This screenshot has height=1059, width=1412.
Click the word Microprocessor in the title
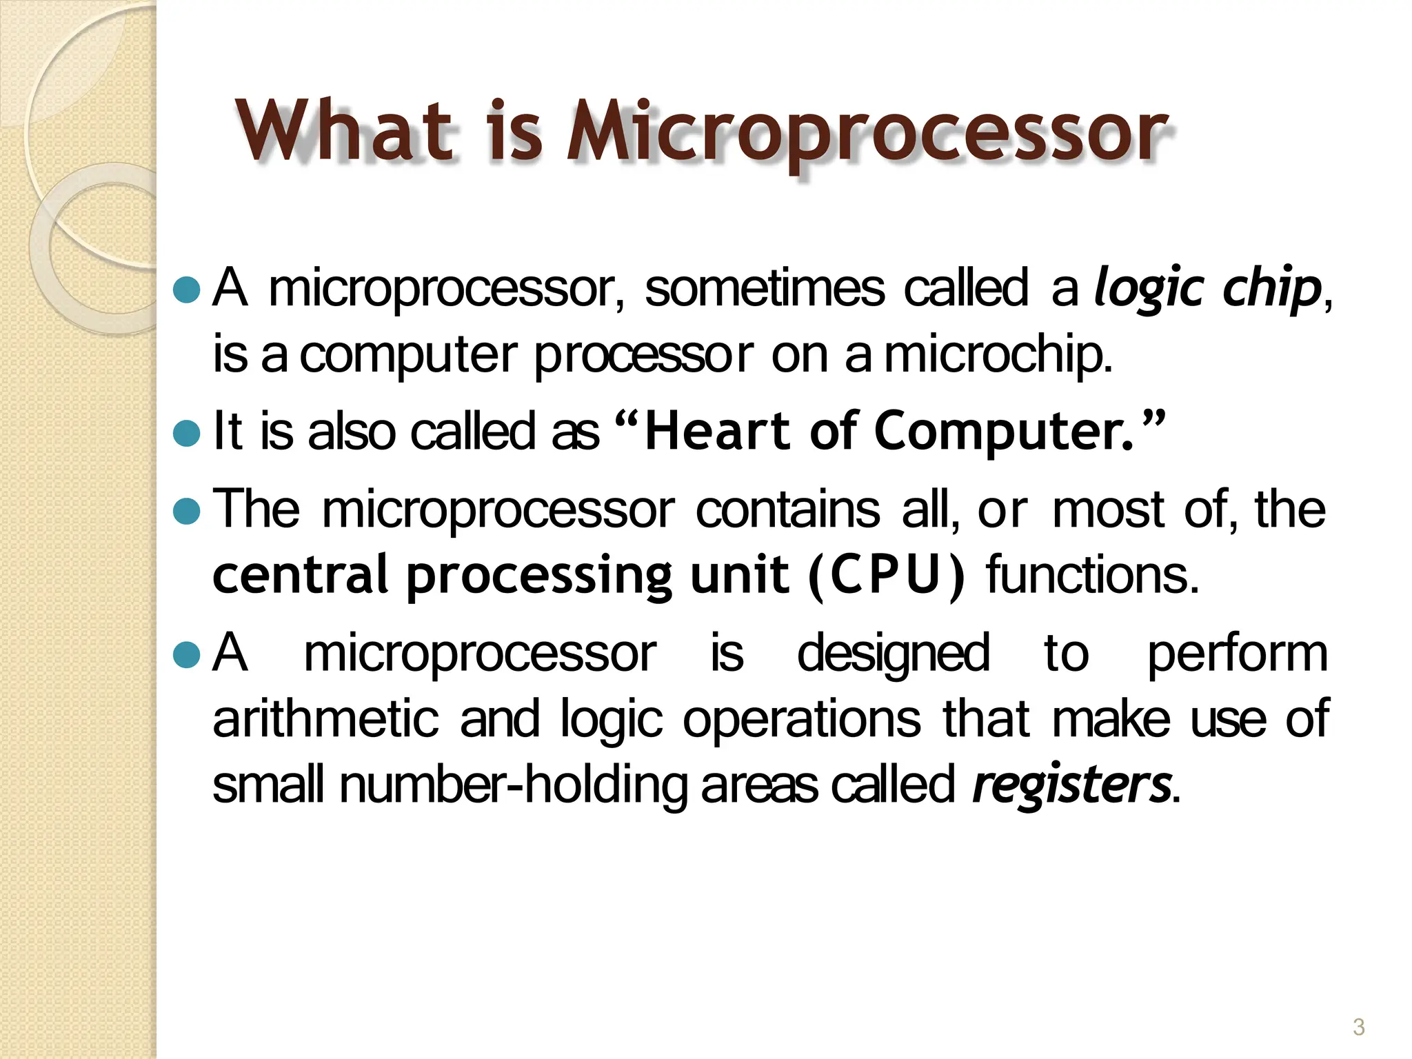(x=867, y=131)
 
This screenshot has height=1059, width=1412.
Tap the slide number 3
(x=1358, y=1027)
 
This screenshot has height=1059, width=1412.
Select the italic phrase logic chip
(x=1207, y=288)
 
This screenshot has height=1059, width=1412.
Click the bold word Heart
(x=718, y=431)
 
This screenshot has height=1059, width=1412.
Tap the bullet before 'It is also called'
(x=186, y=433)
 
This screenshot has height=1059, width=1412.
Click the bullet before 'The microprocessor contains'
(x=186, y=511)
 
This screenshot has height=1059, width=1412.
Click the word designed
(x=893, y=653)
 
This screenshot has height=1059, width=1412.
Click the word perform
(x=1237, y=653)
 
